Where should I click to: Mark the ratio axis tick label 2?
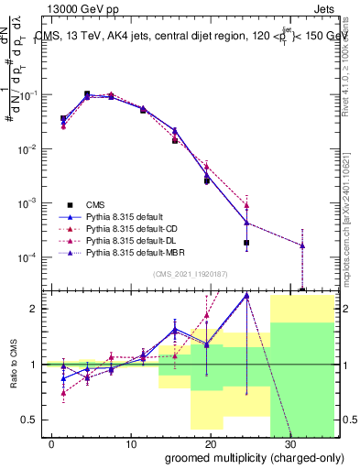click(x=33, y=309)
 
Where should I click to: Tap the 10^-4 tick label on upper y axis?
click(x=27, y=256)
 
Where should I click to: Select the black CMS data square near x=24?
click(x=247, y=243)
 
